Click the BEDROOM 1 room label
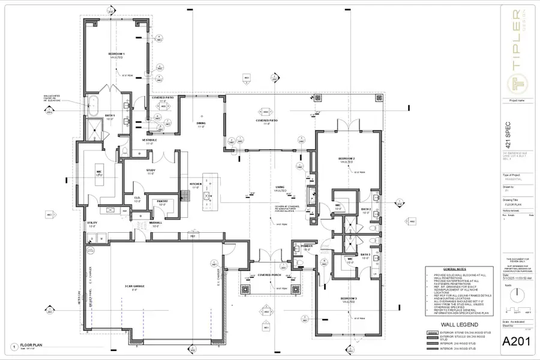tap(116, 54)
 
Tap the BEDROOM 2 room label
tap(347, 158)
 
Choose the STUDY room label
tap(151, 170)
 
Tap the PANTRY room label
tap(162, 201)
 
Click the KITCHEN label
tap(196, 184)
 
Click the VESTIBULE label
tap(149, 140)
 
